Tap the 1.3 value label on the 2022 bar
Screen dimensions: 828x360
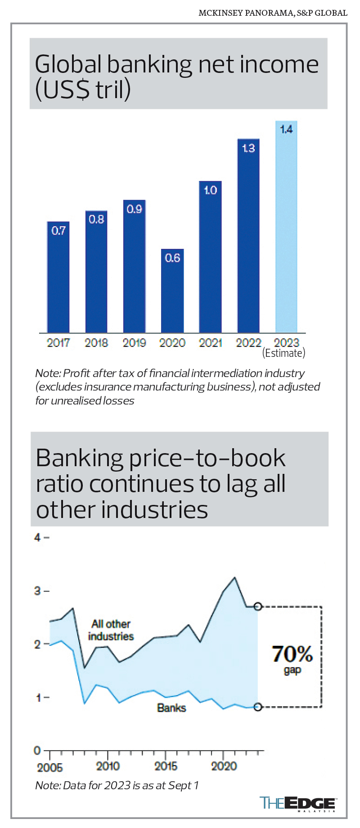pyautogui.click(x=248, y=148)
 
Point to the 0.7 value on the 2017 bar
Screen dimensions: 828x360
pyautogui.click(x=58, y=231)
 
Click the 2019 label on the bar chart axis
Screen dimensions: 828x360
pyautogui.click(x=134, y=343)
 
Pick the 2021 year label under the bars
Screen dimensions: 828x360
pyautogui.click(x=211, y=343)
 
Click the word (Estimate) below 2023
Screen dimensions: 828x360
pyautogui.click(x=283, y=353)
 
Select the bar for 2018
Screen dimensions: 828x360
pyautogui.click(x=96, y=274)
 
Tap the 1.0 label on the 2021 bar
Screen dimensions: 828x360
pyautogui.click(x=211, y=190)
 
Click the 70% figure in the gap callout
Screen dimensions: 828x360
pyautogui.click(x=292, y=654)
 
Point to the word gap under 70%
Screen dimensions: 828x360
pyautogui.click(x=292, y=670)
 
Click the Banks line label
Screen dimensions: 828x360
pyautogui.click(x=171, y=708)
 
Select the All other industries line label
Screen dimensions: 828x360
pyautogui.click(x=111, y=630)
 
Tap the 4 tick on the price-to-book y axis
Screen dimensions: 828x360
pyautogui.click(x=37, y=537)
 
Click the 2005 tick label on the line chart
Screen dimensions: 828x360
pyautogui.click(x=50, y=768)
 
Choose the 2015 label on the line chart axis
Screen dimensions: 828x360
pyautogui.click(x=166, y=766)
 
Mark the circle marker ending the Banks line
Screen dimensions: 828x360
pyautogui.click(x=257, y=707)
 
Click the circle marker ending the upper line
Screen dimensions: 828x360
pyautogui.click(x=257, y=607)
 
